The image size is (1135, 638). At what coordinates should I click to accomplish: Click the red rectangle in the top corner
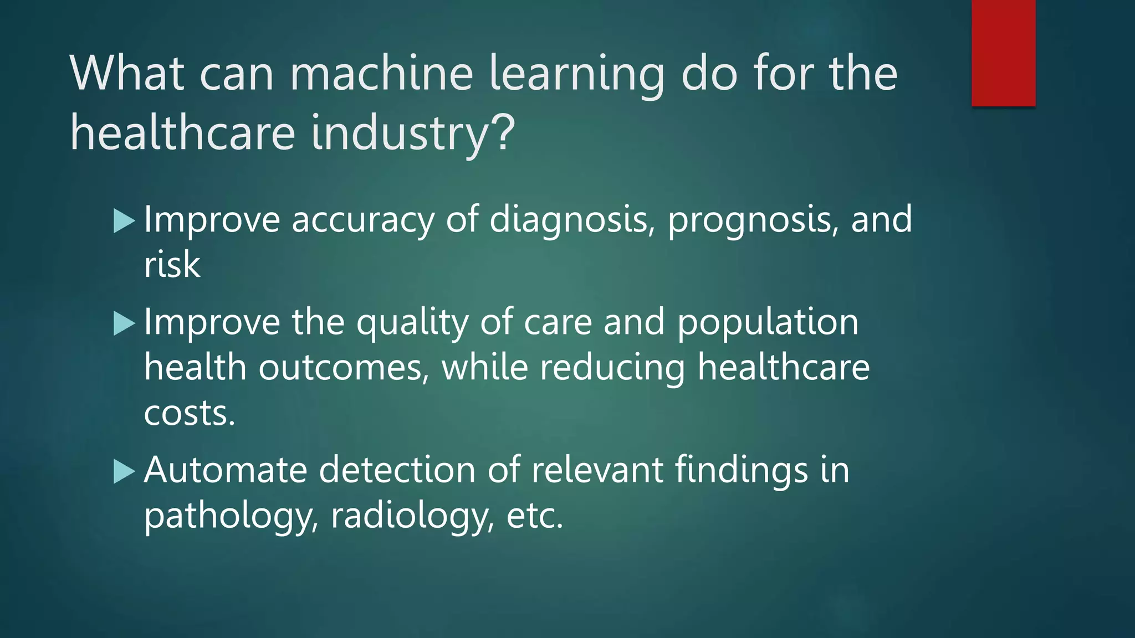click(1003, 53)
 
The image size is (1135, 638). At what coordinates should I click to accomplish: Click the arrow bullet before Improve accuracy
click(124, 220)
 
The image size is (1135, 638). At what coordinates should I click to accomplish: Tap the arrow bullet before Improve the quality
click(124, 323)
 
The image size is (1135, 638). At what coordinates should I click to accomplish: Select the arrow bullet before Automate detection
click(124, 471)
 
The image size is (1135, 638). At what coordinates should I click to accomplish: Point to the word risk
click(172, 264)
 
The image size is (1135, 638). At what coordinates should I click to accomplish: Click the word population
click(768, 323)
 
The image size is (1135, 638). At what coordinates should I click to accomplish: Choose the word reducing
click(612, 368)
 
